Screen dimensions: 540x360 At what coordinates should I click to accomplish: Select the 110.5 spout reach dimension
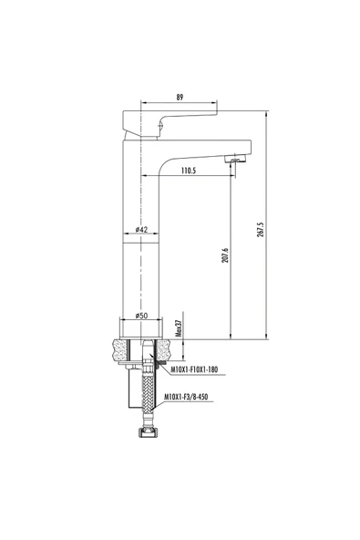point(189,171)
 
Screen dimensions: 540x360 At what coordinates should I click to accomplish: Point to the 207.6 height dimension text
point(224,256)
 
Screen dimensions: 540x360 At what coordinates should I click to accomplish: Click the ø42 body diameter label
point(142,230)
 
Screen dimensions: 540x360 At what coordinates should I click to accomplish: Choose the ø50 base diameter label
point(141,316)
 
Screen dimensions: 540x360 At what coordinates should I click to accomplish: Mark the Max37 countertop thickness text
point(179,327)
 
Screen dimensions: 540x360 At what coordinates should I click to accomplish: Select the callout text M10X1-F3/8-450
point(194,398)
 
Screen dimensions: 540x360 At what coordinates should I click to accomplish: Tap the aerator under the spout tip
point(234,161)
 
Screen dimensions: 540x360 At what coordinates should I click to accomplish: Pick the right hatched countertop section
point(168,350)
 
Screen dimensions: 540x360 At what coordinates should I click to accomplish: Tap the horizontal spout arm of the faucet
point(205,148)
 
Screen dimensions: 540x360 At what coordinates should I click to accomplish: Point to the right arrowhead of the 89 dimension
point(214,103)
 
